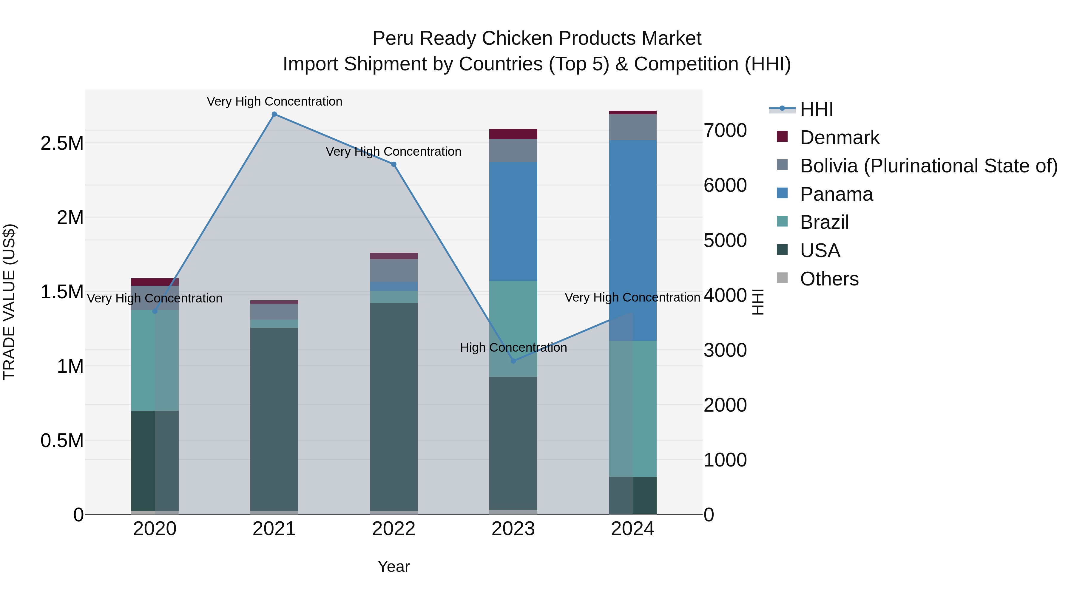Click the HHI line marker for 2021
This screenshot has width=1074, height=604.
coord(274,114)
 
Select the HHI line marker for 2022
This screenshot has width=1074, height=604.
coord(394,164)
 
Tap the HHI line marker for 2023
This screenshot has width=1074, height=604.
coord(513,361)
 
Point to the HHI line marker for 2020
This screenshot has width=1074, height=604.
coord(155,311)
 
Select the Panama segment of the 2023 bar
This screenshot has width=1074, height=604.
coord(513,221)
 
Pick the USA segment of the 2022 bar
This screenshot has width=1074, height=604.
coord(394,407)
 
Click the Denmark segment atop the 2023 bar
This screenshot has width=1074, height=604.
coord(513,134)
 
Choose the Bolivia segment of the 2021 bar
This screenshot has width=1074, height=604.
coord(274,311)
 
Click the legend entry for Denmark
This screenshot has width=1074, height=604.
coord(839,138)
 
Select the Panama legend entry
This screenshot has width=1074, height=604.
coord(836,194)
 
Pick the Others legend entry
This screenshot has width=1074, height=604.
coord(829,279)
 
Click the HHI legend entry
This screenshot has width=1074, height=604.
coord(816,109)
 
